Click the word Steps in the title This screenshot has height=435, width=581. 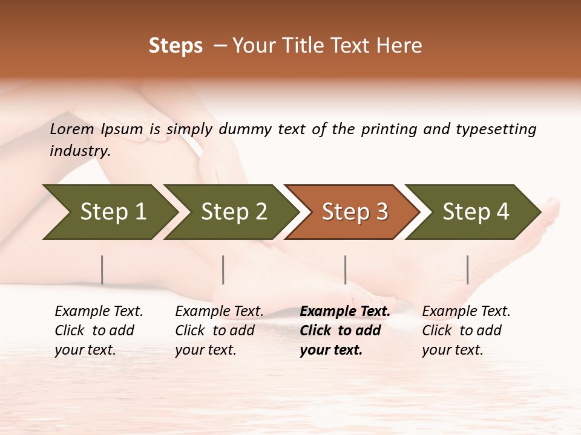(x=176, y=46)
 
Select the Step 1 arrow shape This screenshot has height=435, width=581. (x=109, y=212)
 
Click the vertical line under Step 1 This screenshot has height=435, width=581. (x=102, y=269)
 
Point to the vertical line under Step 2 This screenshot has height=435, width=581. (x=223, y=269)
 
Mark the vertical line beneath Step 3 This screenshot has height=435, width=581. (x=345, y=269)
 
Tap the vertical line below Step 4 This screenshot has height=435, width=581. (x=467, y=269)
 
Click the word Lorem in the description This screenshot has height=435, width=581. (x=72, y=129)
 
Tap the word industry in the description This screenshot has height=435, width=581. (x=80, y=151)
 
